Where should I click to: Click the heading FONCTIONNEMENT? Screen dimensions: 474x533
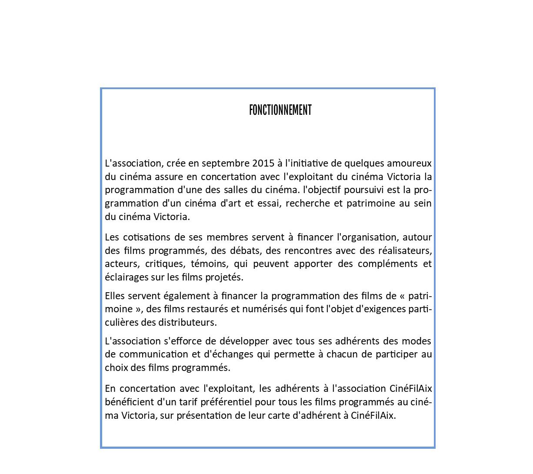point(280,110)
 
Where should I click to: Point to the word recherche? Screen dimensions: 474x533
point(308,204)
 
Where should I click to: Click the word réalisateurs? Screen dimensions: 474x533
point(405,251)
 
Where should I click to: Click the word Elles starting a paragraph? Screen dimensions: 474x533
point(115,296)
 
